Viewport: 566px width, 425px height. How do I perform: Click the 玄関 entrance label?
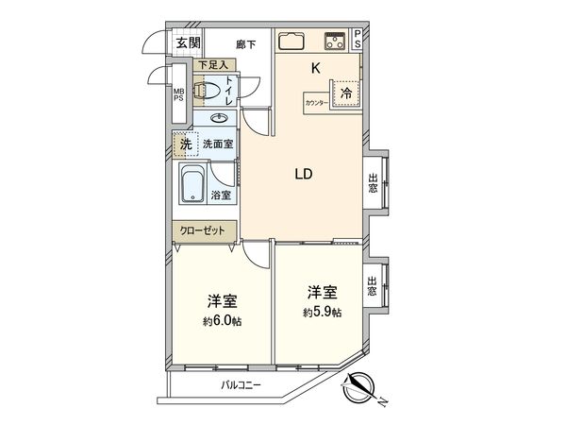(x=187, y=42)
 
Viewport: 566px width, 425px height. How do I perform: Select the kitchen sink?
(x=291, y=41)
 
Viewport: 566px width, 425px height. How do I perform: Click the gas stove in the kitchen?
(x=335, y=41)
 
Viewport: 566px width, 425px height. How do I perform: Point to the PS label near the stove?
(x=358, y=41)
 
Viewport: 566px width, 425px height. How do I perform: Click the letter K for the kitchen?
(x=317, y=67)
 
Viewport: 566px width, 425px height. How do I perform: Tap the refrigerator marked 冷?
(x=346, y=93)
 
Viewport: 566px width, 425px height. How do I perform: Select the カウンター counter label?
(x=317, y=101)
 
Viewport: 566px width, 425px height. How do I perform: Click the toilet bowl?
(x=205, y=92)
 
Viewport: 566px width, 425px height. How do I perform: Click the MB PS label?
(x=176, y=95)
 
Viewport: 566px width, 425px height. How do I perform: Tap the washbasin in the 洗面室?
(x=221, y=118)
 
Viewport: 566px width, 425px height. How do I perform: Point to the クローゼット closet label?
(x=197, y=230)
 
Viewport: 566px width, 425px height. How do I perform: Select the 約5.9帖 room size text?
(x=322, y=311)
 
